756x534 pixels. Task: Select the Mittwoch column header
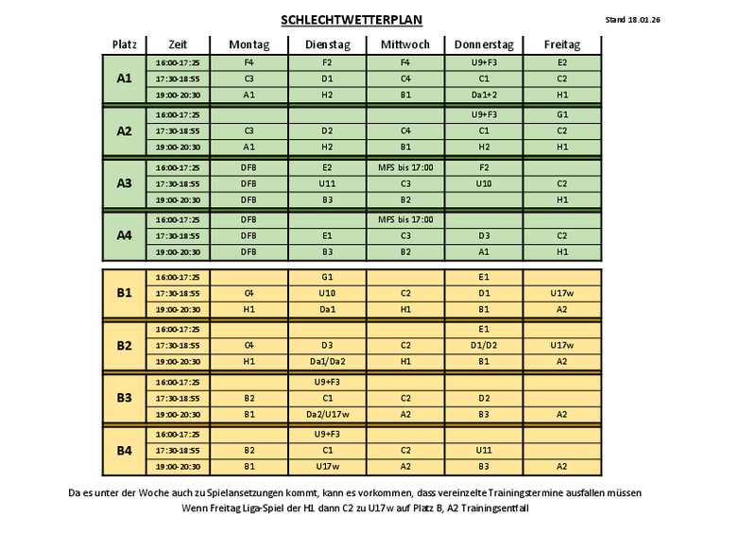(x=405, y=44)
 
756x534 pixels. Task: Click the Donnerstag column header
(x=484, y=44)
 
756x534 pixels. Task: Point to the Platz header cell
(x=125, y=44)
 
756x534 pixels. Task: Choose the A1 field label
(x=125, y=78)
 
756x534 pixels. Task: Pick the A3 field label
(x=125, y=183)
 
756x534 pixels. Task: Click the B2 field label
(x=125, y=345)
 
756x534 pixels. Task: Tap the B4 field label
(x=125, y=450)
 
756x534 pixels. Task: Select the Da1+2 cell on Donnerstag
(x=484, y=95)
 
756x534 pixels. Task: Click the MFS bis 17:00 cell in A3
(x=405, y=167)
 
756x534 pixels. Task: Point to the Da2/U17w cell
(x=327, y=414)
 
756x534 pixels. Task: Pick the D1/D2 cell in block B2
(x=484, y=345)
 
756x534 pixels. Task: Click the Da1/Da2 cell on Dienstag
(x=327, y=361)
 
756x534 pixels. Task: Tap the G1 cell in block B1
(x=327, y=277)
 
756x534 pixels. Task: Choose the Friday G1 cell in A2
(x=562, y=114)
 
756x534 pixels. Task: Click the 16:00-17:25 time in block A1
(x=177, y=62)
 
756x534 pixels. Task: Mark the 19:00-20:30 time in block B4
(x=177, y=467)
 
